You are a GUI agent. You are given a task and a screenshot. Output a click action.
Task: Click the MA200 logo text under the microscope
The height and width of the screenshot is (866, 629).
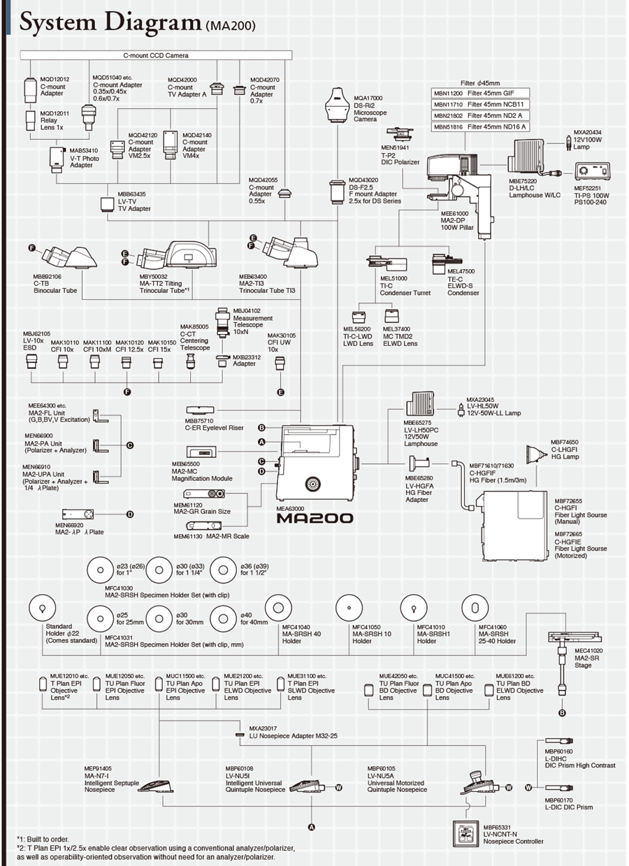[314, 518]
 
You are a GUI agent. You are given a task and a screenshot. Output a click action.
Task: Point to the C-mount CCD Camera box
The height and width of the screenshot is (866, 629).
[151, 55]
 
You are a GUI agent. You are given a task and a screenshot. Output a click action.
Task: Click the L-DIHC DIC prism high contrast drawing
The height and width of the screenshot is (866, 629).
[559, 740]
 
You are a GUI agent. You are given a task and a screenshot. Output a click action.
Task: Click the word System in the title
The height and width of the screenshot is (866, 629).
[66, 22]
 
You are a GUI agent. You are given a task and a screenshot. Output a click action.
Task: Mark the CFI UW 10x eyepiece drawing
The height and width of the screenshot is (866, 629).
[280, 362]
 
